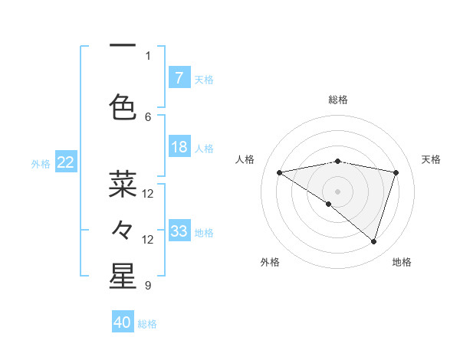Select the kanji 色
[123, 106]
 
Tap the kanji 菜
[123, 185]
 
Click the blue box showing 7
[179, 77]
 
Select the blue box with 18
[179, 148]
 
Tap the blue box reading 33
[179, 231]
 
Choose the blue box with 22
[66, 162]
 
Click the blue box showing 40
[123, 322]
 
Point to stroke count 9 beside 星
[147, 286]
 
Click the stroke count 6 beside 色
[148, 116]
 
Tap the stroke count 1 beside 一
[148, 55]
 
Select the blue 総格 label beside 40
[148, 324]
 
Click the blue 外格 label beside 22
[41, 163]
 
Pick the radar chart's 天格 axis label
[431, 159]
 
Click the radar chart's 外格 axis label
[270, 262]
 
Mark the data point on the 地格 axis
[373, 241]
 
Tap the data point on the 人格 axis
[279, 172]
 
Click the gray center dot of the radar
[337, 191]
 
